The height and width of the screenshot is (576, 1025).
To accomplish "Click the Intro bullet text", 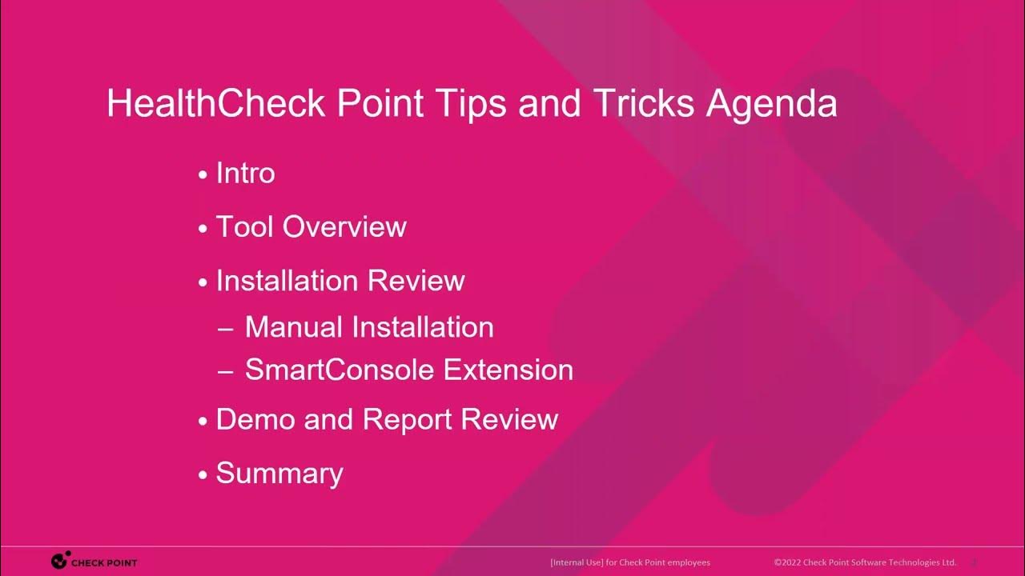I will click(x=245, y=174).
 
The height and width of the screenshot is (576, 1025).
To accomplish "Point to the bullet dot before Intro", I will click(x=203, y=175).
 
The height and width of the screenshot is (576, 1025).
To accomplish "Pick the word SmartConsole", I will click(x=340, y=370).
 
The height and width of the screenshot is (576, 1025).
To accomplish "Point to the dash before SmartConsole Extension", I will click(x=226, y=371).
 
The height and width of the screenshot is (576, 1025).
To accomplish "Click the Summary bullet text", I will click(x=279, y=474).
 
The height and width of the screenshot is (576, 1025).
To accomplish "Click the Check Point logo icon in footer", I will click(x=59, y=562).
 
